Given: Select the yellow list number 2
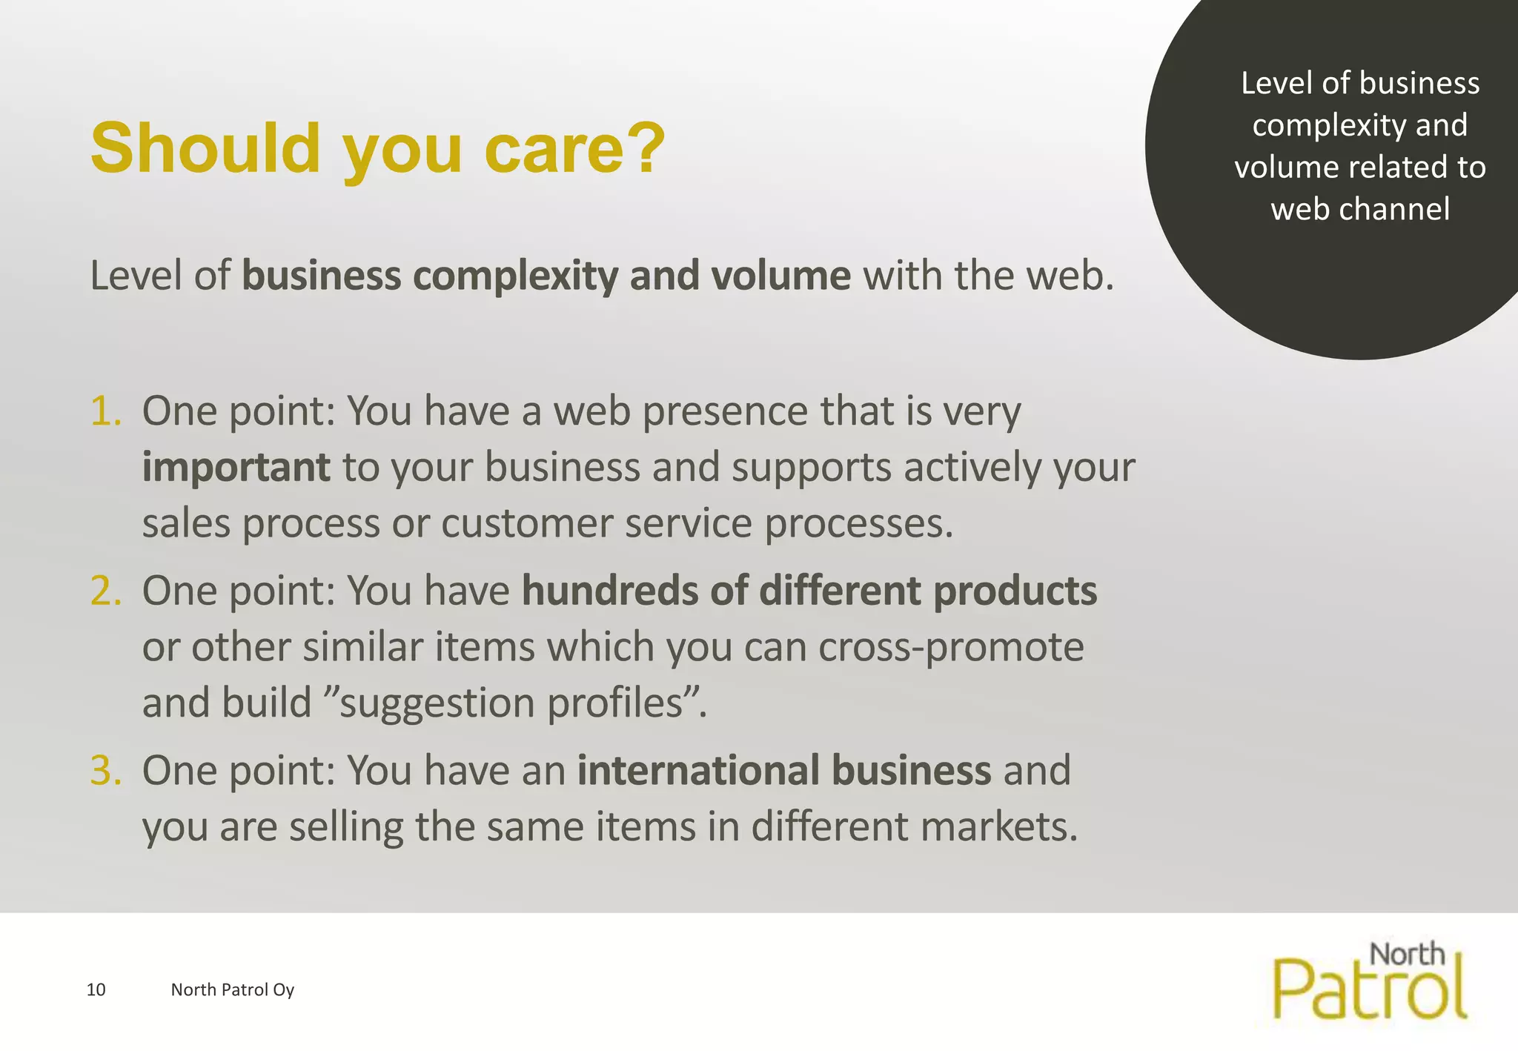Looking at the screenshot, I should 105,591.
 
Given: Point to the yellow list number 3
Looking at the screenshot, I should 105,771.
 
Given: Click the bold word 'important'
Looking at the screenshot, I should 236,468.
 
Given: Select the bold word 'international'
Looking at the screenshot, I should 708,771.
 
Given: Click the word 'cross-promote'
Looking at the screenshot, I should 951,648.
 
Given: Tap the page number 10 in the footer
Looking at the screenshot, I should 96,990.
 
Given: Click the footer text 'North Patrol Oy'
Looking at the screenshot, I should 233,990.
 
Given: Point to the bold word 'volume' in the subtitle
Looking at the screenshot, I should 780,276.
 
